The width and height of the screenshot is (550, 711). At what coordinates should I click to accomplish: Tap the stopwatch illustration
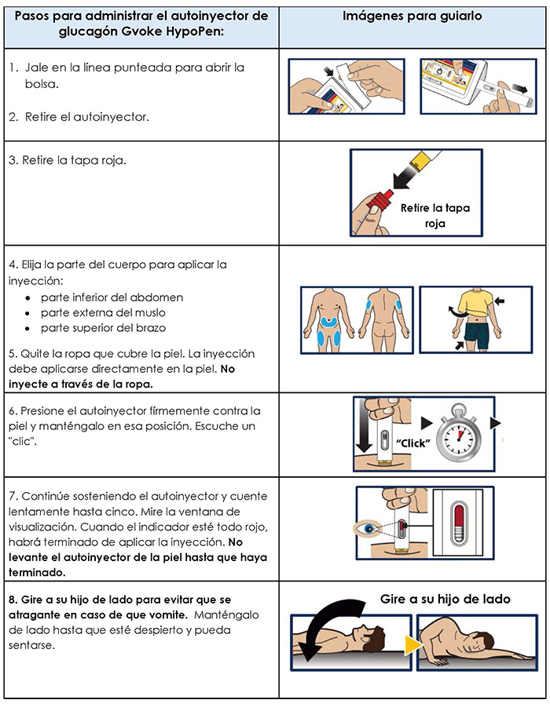[458, 434]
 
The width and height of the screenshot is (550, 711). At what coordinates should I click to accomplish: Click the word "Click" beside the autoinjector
[412, 443]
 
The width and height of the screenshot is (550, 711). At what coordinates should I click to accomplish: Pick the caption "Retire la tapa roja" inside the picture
[434, 215]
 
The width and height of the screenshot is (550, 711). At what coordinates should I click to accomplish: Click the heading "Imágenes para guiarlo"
[412, 16]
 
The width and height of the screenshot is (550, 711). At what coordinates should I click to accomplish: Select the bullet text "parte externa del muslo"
[103, 312]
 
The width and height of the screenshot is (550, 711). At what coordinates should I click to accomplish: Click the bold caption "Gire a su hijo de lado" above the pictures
[445, 599]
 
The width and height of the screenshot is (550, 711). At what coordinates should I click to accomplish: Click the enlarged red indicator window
[458, 523]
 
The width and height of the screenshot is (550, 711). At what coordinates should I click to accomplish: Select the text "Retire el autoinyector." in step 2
[86, 117]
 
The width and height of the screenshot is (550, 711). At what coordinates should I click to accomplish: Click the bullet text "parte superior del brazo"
[103, 328]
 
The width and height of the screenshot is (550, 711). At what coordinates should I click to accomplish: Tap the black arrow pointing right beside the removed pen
[519, 88]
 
